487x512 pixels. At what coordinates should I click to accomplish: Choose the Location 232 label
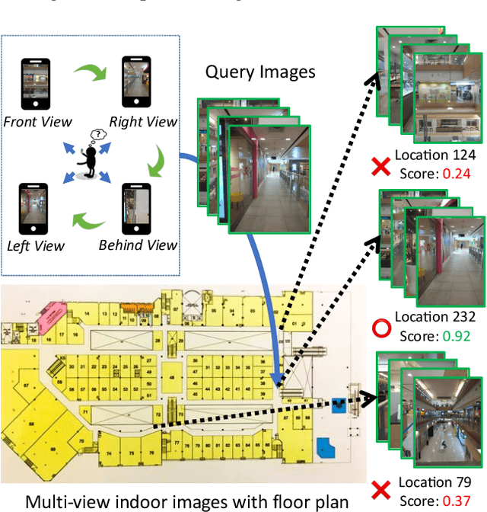tap(435, 317)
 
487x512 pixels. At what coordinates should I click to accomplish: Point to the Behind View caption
tap(138, 245)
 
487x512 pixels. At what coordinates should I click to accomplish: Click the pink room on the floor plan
tap(53, 313)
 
